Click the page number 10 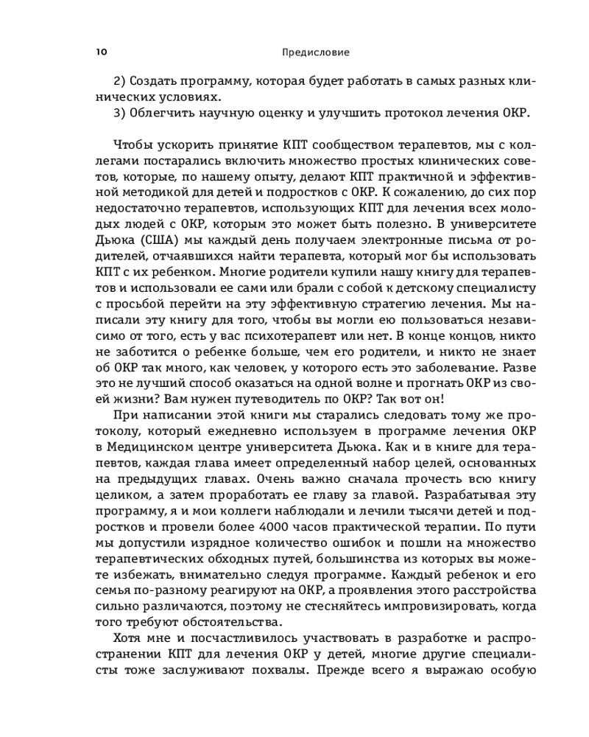(x=101, y=52)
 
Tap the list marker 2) (x=121, y=80)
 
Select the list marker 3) (x=121, y=112)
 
